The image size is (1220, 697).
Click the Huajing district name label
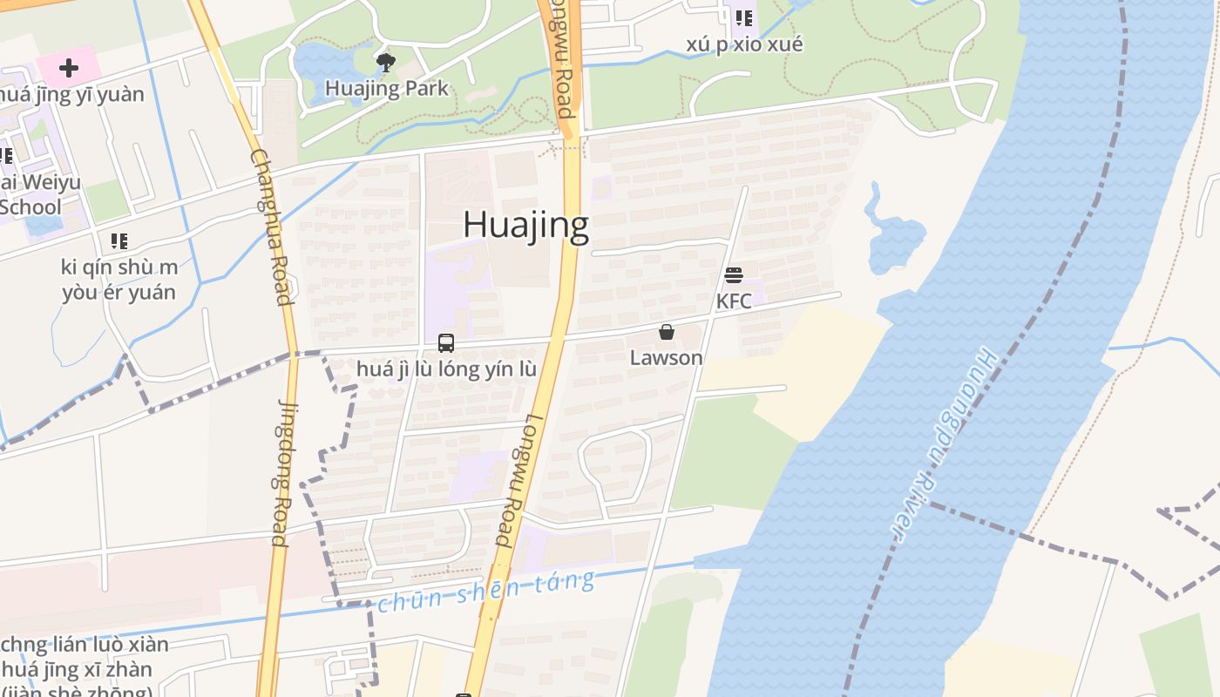(525, 225)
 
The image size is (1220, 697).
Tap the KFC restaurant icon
(734, 276)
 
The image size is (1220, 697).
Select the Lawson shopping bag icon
(667, 332)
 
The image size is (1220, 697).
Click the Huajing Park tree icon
(385, 62)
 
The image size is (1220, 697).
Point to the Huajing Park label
(387, 88)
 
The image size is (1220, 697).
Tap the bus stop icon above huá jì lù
(446, 342)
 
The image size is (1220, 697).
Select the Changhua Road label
(270, 227)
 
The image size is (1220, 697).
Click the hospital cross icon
(69, 67)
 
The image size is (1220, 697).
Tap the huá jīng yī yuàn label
(72, 94)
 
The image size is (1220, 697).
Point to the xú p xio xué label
(744, 44)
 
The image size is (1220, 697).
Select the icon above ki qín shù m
(119, 240)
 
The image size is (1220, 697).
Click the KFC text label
(734, 301)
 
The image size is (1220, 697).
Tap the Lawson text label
(667, 357)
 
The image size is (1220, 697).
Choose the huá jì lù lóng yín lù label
(446, 369)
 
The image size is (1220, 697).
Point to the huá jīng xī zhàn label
(78, 670)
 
